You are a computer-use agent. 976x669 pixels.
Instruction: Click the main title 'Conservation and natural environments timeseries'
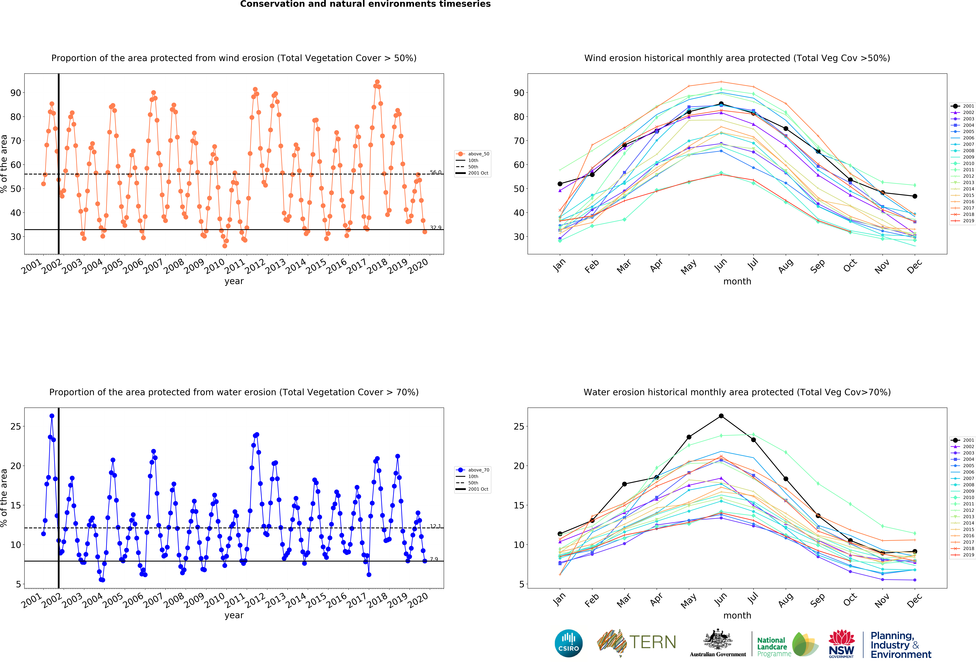[x=365, y=4]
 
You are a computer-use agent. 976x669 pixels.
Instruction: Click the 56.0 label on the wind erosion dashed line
[x=436, y=172]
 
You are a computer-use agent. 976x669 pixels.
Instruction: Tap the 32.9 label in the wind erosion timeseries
[x=436, y=228]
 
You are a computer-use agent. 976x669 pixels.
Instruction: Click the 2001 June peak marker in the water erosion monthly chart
[x=721, y=416]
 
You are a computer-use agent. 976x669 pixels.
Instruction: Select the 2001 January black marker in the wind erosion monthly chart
[x=560, y=184]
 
